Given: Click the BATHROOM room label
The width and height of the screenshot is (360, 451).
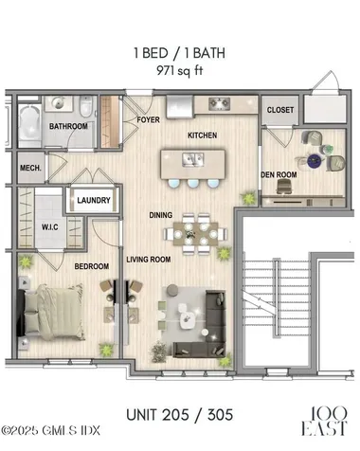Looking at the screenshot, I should [69, 126].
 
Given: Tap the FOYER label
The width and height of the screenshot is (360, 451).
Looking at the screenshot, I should [148, 120].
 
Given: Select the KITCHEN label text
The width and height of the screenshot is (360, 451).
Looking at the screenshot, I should [203, 135].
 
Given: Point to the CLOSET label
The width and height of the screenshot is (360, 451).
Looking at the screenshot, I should [279, 110].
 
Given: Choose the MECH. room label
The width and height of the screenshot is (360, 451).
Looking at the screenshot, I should [31, 169].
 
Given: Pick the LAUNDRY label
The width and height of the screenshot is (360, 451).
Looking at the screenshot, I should [94, 200].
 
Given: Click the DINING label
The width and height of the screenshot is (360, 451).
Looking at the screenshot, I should [160, 215].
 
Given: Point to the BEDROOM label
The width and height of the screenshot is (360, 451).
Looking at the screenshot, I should [92, 266].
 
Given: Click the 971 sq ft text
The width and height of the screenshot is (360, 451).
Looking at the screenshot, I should [180, 69].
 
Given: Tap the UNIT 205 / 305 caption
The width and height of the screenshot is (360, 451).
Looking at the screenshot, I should [180, 414].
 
